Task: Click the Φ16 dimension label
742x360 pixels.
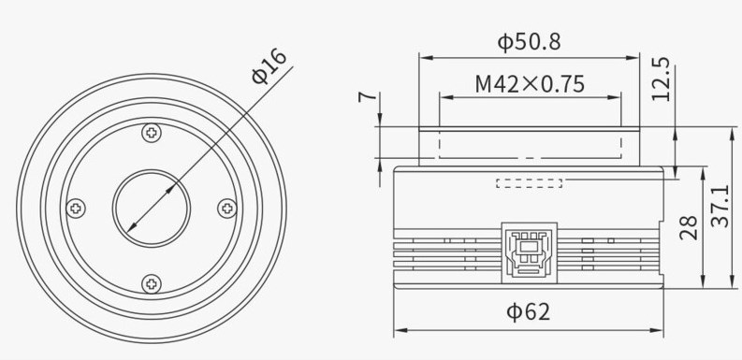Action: coord(269,68)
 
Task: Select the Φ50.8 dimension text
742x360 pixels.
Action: coord(528,42)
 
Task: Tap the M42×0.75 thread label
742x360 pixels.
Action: coord(530,84)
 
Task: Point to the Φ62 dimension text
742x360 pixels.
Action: coord(529,311)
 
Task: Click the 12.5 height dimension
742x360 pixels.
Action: coord(661,79)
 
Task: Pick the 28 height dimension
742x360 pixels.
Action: coord(690,227)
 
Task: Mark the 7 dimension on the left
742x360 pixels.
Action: coord(365,96)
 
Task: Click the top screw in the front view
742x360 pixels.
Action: coord(151,133)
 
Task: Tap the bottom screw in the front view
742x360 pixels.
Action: coord(151,282)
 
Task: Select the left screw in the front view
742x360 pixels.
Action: coord(76,208)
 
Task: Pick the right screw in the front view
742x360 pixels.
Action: coord(226,208)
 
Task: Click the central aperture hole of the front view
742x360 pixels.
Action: coord(152,208)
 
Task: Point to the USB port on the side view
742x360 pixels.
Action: coord(529,251)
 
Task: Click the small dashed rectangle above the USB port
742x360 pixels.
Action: coord(529,182)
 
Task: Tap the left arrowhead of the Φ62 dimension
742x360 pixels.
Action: coord(399,329)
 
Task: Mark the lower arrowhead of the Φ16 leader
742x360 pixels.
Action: coord(127,230)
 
